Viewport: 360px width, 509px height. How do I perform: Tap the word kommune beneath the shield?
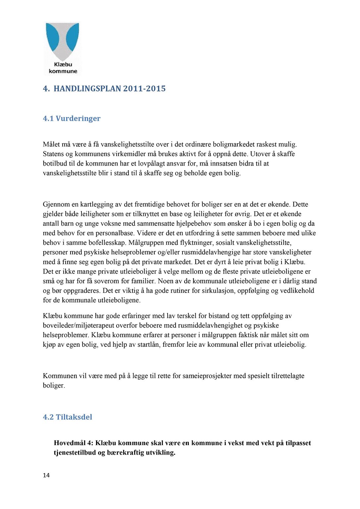tap(63, 71)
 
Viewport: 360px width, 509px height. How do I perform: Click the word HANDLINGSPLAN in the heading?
tap(88, 89)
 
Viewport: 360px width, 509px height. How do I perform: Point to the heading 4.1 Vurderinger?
tap(72, 119)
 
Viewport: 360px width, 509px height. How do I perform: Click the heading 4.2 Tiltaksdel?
tap(68, 417)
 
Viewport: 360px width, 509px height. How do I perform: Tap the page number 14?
tap(46, 475)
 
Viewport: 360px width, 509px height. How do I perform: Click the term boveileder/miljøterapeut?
tap(82, 326)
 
